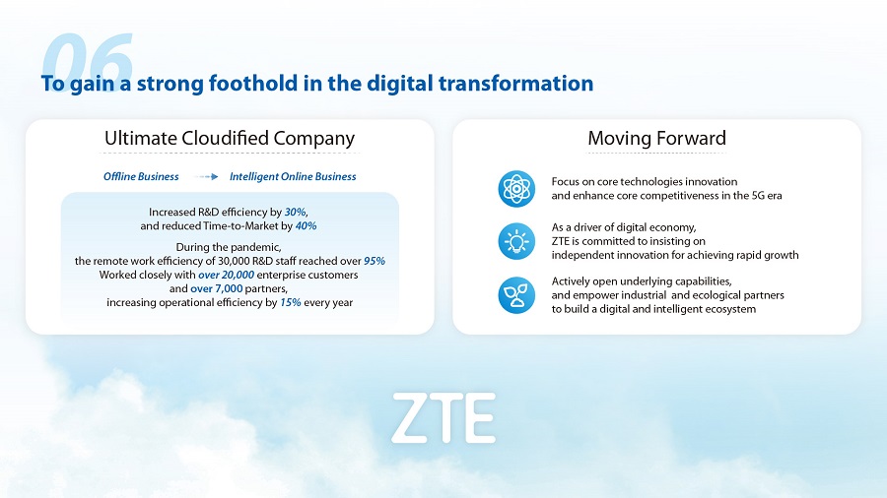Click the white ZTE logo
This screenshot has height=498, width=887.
point(443,418)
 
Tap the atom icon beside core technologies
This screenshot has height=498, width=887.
point(516,189)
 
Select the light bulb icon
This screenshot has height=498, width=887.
point(516,241)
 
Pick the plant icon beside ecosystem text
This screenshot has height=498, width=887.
point(516,294)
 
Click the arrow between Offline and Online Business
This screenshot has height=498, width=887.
point(206,177)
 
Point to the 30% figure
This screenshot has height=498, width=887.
point(295,213)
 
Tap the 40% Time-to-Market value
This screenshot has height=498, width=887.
point(307,225)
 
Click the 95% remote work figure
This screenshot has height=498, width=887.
point(375,261)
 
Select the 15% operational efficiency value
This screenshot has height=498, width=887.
point(290,303)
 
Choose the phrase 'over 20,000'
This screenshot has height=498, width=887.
point(227,275)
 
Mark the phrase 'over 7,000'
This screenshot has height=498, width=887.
point(216,288)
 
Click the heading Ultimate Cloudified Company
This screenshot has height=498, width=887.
point(230,139)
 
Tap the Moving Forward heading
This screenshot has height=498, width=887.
point(656,139)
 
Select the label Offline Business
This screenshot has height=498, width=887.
point(141,177)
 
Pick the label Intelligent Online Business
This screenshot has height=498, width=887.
point(293,177)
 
